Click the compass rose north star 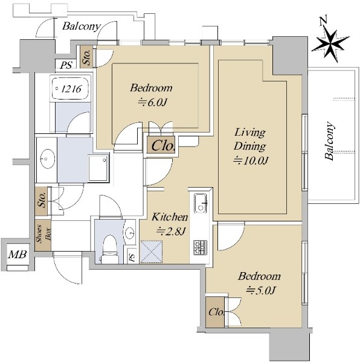330,44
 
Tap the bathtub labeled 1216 70,89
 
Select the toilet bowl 110,247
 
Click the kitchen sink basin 201,203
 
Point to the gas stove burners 200,247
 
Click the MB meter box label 18,255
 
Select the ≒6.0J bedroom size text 152,103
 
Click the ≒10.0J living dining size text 251,160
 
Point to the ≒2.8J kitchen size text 172,232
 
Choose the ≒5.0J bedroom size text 261,290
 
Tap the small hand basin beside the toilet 130,232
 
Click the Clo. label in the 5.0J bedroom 216,313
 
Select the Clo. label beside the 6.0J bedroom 162,146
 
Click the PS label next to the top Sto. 66,65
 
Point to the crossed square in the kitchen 152,252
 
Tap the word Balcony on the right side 329,141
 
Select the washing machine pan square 98,168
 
